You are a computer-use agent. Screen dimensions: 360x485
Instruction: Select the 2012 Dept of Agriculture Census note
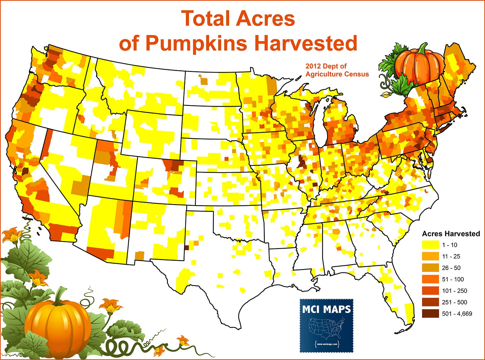point(337,70)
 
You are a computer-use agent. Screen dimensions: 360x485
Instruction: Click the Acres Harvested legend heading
point(451,233)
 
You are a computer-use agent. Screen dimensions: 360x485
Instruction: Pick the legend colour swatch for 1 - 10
point(430,245)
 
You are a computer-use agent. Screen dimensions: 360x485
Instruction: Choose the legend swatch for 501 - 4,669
point(430,314)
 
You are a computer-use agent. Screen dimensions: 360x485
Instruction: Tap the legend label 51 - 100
point(453,279)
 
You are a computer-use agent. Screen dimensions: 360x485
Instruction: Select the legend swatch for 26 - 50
point(430,268)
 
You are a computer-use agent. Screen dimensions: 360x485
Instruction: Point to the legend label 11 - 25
point(451,256)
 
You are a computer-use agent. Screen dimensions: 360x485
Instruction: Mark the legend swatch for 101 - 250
point(430,291)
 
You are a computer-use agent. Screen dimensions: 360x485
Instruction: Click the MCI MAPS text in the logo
point(326,309)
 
